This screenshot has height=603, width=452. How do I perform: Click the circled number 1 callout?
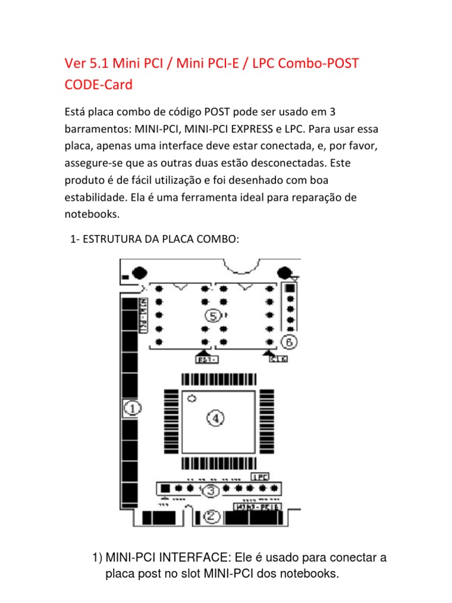coord(132,407)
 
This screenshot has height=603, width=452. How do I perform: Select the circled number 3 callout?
coord(211,490)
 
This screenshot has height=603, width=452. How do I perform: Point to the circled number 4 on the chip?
coord(215,418)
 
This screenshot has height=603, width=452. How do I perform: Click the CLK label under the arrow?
coord(278,359)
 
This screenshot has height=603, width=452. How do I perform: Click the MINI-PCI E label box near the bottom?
coord(257,506)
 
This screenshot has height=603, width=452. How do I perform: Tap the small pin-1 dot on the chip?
coord(191,399)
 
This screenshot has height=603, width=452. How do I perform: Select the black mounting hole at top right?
coord(285,272)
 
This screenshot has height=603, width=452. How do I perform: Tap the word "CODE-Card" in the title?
coord(98,85)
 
